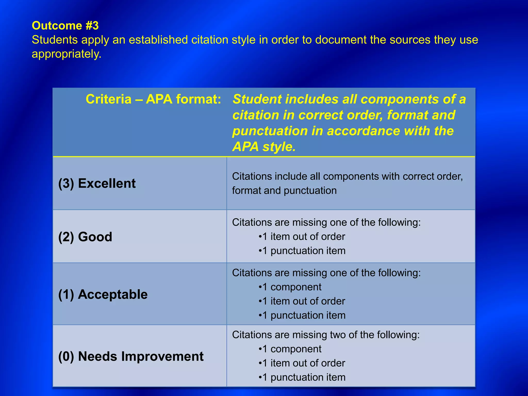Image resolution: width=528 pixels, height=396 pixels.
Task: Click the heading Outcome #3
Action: (65, 26)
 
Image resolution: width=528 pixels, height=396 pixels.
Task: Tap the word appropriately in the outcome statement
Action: (66, 54)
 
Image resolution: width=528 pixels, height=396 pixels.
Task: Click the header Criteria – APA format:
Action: (153, 99)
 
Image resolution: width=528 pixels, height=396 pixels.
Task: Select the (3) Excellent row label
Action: (97, 184)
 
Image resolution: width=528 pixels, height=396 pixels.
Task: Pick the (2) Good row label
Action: (85, 237)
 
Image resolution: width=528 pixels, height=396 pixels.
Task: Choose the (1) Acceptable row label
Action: (103, 294)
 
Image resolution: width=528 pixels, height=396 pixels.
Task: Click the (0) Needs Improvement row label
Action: (131, 357)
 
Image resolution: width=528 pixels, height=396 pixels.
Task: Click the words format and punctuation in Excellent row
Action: (284, 191)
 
